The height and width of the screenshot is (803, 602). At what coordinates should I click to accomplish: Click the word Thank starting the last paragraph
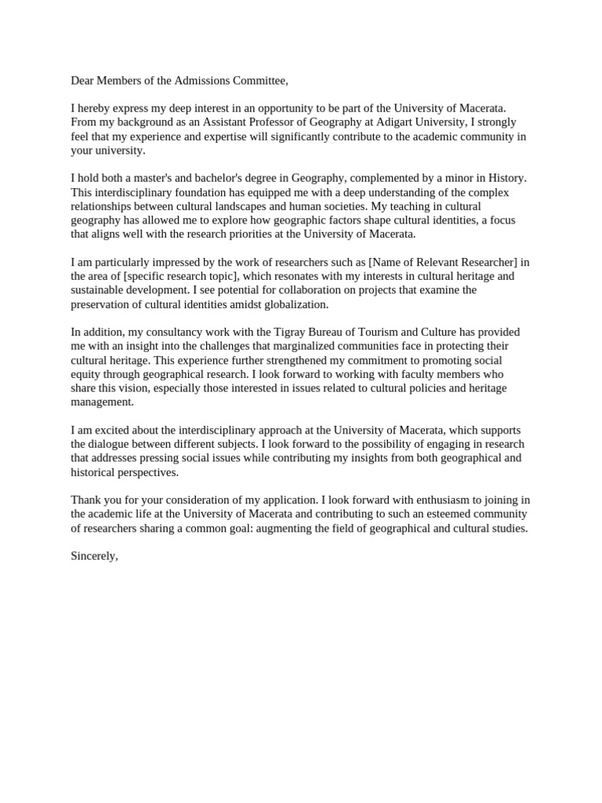[86, 500]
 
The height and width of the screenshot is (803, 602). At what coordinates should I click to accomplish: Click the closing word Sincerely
[94, 557]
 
